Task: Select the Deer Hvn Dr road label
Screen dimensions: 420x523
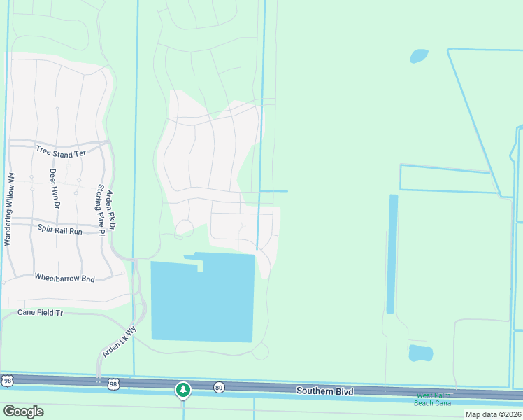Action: pyautogui.click(x=55, y=188)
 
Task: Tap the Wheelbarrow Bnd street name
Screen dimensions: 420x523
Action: pyautogui.click(x=64, y=277)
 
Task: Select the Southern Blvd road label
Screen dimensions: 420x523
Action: pyautogui.click(x=324, y=390)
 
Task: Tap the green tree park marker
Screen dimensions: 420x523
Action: pyautogui.click(x=183, y=390)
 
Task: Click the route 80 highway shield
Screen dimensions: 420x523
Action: pyautogui.click(x=220, y=386)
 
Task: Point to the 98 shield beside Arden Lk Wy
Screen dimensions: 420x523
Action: pyautogui.click(x=114, y=384)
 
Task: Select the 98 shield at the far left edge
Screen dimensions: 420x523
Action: pyautogui.click(x=6, y=380)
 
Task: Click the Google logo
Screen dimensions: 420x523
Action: pyautogui.click(x=23, y=411)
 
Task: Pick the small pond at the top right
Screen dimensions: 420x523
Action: pyautogui.click(x=419, y=56)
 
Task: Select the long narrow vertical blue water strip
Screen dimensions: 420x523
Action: pyautogui.click(x=392, y=253)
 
